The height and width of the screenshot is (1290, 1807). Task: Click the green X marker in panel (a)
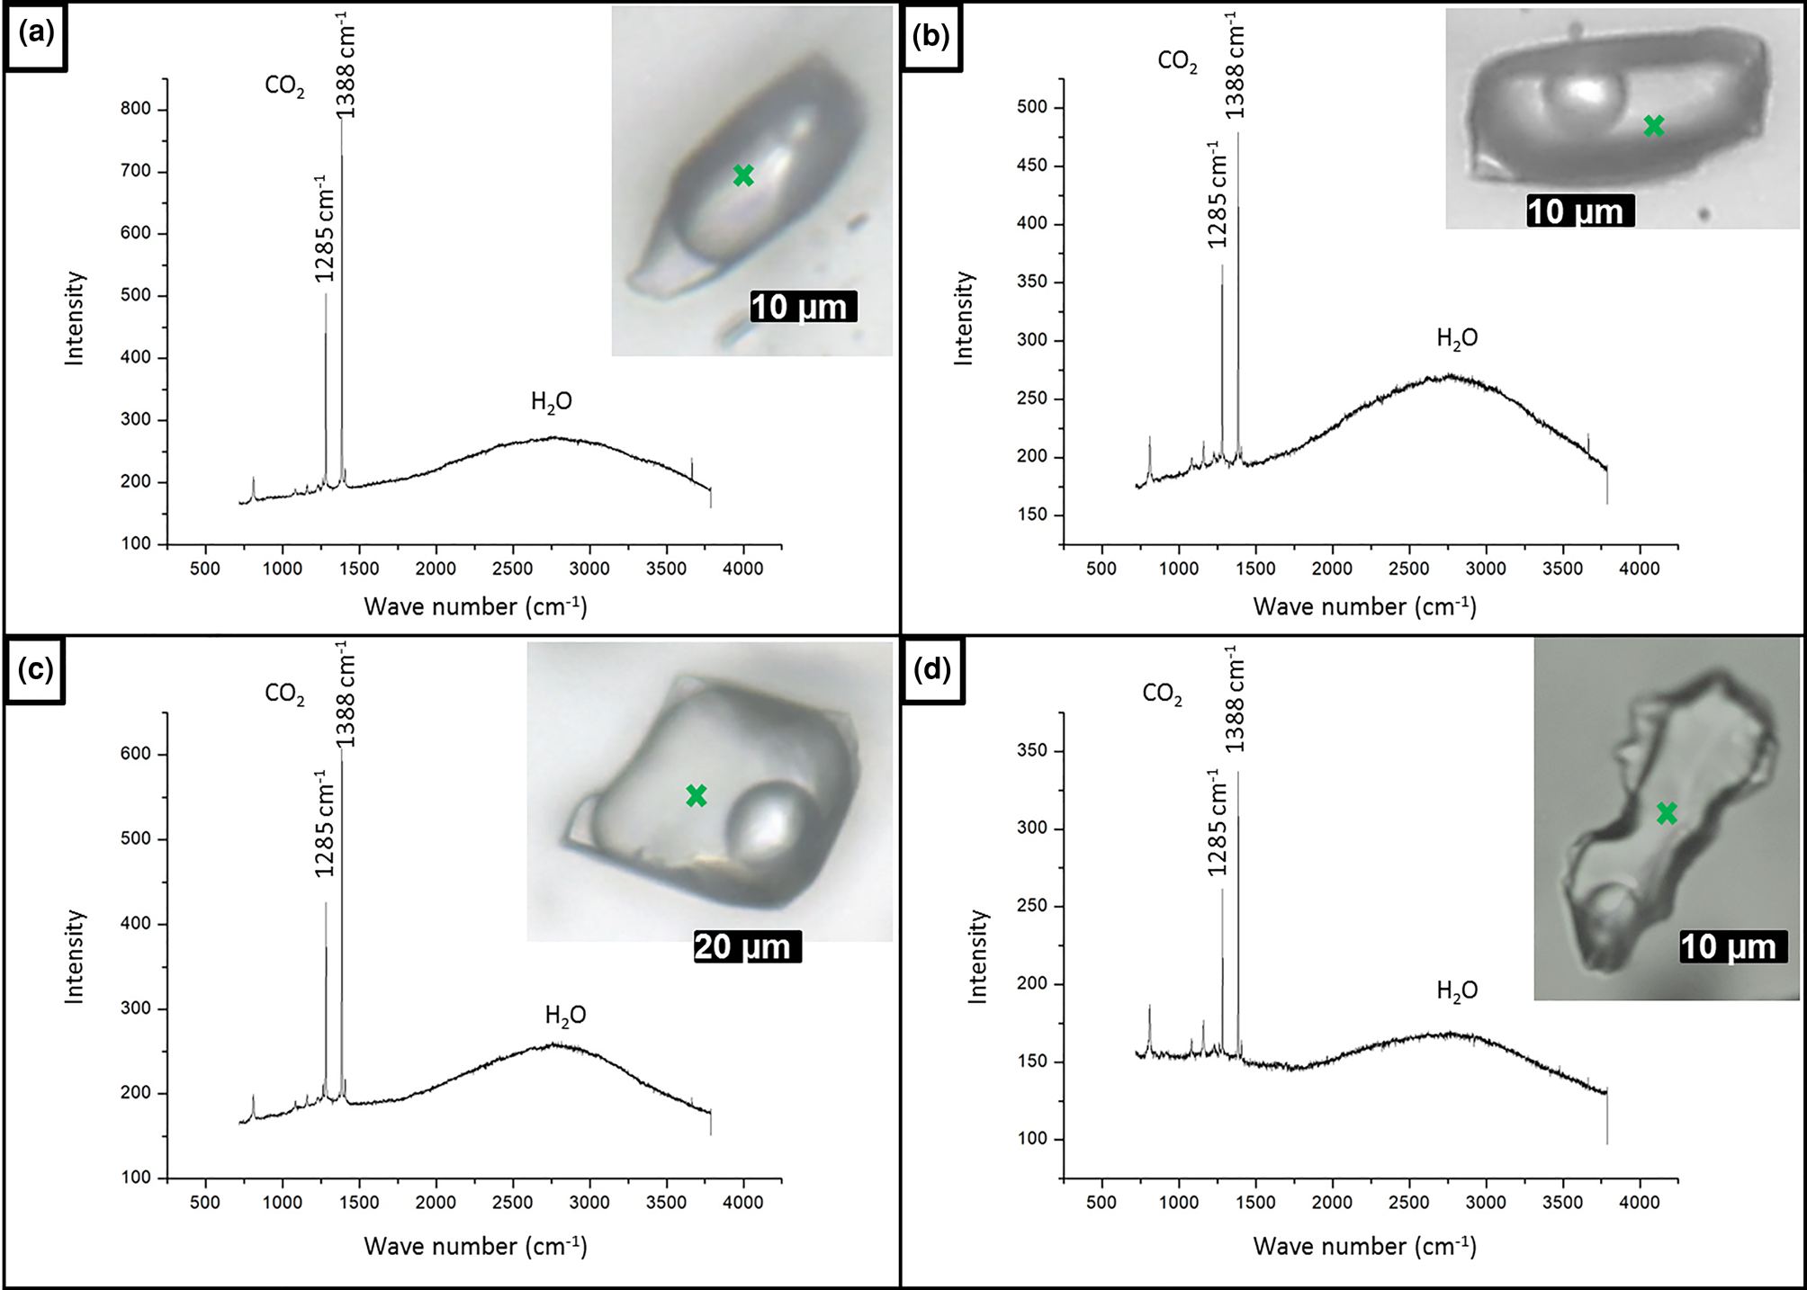[743, 175]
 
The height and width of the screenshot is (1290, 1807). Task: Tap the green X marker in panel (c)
[697, 795]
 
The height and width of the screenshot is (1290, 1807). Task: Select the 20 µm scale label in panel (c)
[746, 946]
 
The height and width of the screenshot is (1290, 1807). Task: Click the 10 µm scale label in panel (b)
[1579, 212]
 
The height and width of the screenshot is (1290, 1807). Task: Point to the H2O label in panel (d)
[1457, 990]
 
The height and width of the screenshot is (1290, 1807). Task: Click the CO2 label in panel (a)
[284, 85]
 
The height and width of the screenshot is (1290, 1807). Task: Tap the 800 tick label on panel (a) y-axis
[136, 109]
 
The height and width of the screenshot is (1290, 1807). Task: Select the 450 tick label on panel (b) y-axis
[1032, 166]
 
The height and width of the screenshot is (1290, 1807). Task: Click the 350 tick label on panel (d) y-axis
[1032, 750]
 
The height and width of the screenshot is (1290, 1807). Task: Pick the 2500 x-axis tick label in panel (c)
[513, 1203]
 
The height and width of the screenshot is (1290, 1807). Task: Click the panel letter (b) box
[932, 36]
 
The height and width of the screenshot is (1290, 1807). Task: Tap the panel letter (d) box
[932, 670]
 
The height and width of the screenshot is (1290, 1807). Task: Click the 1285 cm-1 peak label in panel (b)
[1217, 195]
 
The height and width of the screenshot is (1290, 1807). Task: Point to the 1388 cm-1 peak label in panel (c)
[346, 694]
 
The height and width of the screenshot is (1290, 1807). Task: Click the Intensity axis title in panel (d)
[977, 955]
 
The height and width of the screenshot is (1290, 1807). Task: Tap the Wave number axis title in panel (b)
[1364, 607]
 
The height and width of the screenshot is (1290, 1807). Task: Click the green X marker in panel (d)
[1667, 813]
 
